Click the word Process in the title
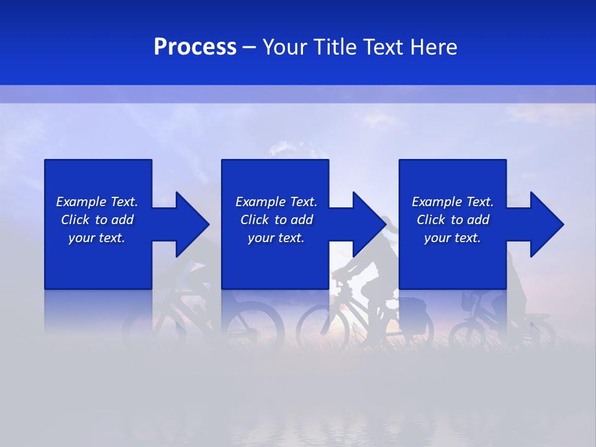point(195,47)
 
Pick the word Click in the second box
point(255,220)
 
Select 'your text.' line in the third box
point(453,238)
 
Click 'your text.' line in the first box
point(97,238)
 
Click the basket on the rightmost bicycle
point(470,302)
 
